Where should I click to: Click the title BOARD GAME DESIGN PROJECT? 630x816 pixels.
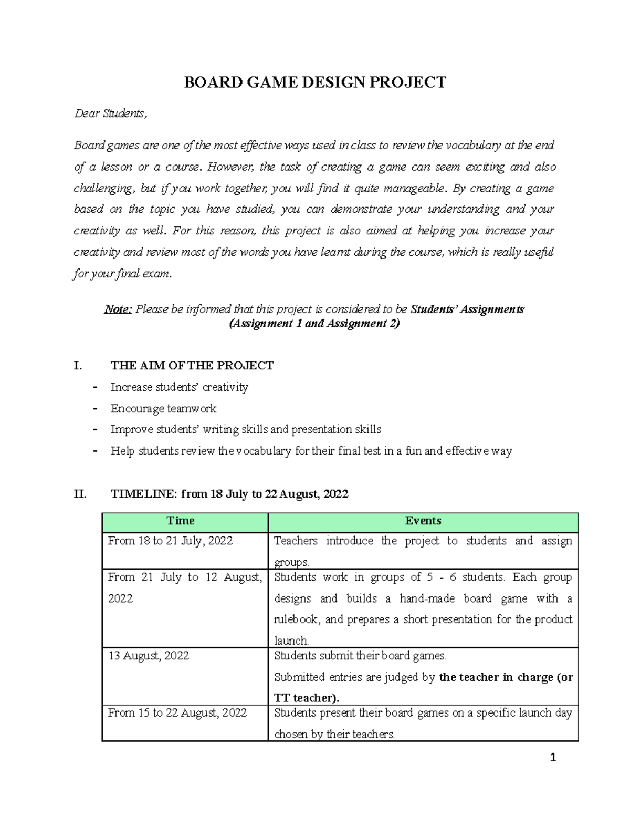(x=314, y=82)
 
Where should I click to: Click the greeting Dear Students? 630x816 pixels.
(x=111, y=113)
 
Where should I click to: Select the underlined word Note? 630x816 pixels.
(x=118, y=309)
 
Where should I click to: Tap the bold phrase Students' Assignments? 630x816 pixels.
(x=467, y=309)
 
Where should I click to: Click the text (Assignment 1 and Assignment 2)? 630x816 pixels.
(x=314, y=324)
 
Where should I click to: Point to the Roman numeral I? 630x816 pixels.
(x=78, y=366)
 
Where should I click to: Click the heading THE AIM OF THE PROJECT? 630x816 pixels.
(x=192, y=366)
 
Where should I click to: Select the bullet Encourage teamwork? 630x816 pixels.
(x=163, y=409)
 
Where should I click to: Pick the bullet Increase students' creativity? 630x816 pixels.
(x=179, y=387)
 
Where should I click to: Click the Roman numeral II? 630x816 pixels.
(x=80, y=494)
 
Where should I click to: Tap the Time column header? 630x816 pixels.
(x=180, y=521)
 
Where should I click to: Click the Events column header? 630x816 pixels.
(x=423, y=521)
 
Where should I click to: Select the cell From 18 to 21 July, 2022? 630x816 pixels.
(x=170, y=541)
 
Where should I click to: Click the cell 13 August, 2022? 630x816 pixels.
(x=149, y=656)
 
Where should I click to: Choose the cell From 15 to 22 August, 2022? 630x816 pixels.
(x=177, y=713)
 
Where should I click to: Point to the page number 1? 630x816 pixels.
(x=552, y=757)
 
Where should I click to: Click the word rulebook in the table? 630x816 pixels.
(x=296, y=619)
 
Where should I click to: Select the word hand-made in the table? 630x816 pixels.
(x=426, y=598)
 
